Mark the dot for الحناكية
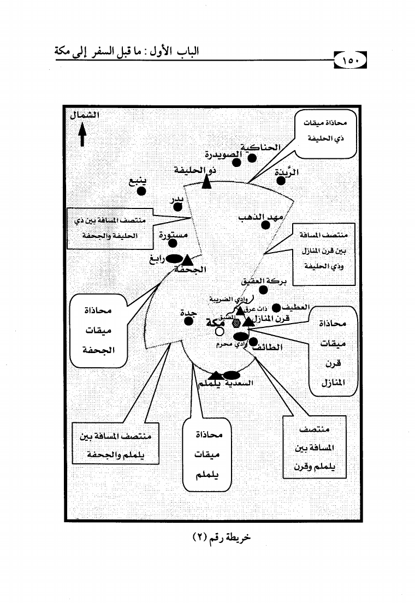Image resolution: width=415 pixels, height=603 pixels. pos(252,158)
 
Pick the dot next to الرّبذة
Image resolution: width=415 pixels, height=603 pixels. pos(281,181)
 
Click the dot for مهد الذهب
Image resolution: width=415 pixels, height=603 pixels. pos(265,224)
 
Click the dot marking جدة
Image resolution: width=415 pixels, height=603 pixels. pos(188,321)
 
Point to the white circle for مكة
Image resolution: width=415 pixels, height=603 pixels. pos(219,331)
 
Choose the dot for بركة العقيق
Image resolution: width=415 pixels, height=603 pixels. pos(263,290)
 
